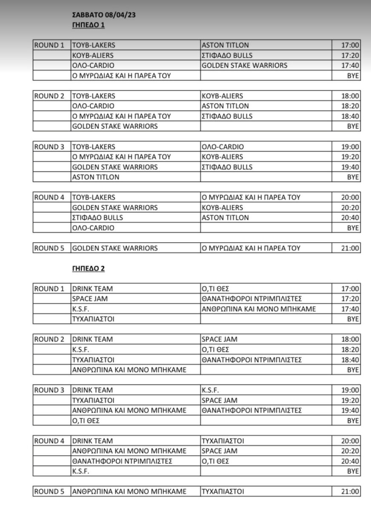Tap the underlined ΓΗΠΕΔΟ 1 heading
88,25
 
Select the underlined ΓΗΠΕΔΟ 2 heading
88,269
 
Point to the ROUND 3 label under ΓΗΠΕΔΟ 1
52,147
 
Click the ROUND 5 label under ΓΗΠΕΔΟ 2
52,492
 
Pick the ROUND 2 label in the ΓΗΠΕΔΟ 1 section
52,96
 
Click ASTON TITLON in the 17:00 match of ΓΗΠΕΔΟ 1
225,45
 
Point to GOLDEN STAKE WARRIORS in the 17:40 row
244,65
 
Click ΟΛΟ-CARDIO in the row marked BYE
93,228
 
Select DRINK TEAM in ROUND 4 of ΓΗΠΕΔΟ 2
93,441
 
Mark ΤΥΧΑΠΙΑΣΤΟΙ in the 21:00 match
223,492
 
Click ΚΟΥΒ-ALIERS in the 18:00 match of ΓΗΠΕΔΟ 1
223,96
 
